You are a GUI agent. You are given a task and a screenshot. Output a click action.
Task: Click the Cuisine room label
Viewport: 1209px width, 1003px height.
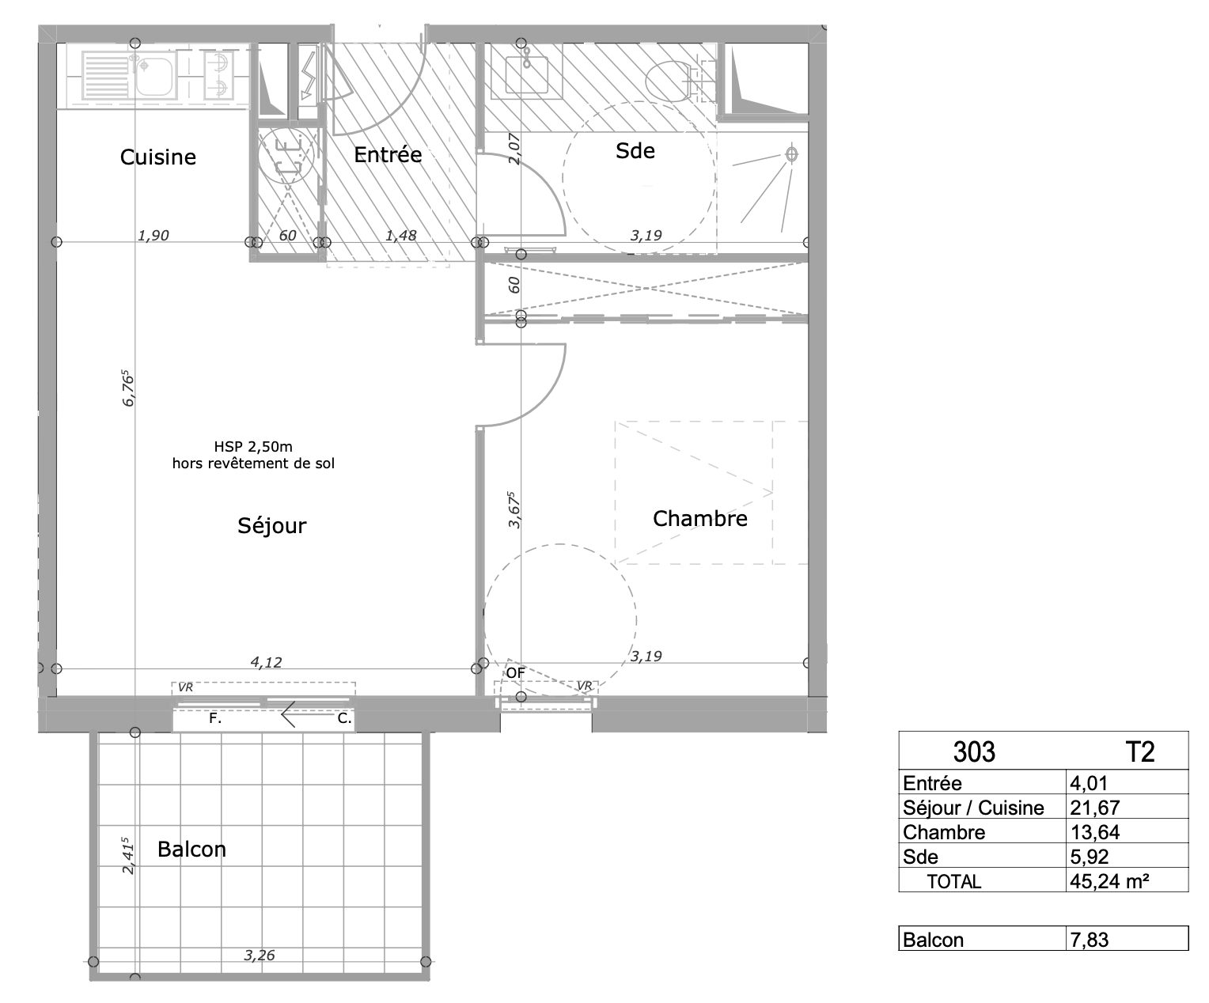pyautogui.click(x=158, y=157)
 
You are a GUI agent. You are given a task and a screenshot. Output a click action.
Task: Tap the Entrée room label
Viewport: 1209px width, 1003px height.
pyautogui.click(x=388, y=154)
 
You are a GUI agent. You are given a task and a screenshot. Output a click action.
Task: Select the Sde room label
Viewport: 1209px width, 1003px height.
pyautogui.click(x=635, y=150)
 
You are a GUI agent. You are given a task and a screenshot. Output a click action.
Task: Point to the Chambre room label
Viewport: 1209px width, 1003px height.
pyautogui.click(x=700, y=518)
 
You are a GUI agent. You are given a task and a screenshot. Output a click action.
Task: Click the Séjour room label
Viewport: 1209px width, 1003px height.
pyautogui.click(x=271, y=525)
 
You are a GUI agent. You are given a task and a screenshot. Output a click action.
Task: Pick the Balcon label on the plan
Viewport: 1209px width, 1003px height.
pyautogui.click(x=191, y=849)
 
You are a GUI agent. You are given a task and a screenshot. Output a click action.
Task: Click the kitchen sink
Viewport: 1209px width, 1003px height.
pyautogui.click(x=128, y=75)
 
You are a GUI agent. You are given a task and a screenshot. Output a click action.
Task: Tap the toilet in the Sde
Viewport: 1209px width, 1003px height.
pyautogui.click(x=673, y=81)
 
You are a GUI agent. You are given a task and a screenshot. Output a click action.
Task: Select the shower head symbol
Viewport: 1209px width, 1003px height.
pyautogui.click(x=791, y=154)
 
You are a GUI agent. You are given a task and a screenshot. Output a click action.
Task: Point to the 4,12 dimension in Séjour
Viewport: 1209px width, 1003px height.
pyautogui.click(x=267, y=662)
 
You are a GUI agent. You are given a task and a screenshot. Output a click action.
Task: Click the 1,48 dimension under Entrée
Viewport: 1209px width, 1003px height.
pyautogui.click(x=400, y=236)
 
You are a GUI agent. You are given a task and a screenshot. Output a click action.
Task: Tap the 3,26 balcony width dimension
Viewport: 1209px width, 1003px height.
pyautogui.click(x=259, y=955)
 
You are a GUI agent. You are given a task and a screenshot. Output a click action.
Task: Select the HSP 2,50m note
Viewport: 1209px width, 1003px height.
pyautogui.click(x=253, y=447)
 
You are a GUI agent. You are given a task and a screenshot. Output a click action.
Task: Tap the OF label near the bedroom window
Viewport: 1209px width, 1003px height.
pyautogui.click(x=515, y=673)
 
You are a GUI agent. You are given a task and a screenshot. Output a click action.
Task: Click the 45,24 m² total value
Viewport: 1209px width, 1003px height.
pyautogui.click(x=1109, y=881)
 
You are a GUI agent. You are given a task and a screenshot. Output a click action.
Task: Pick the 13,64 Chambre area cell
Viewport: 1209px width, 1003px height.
pyautogui.click(x=1094, y=832)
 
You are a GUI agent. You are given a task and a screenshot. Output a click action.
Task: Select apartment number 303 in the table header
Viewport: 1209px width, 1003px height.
pyautogui.click(x=974, y=751)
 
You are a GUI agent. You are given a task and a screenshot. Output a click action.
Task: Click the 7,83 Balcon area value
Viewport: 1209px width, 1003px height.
pyautogui.click(x=1090, y=940)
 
